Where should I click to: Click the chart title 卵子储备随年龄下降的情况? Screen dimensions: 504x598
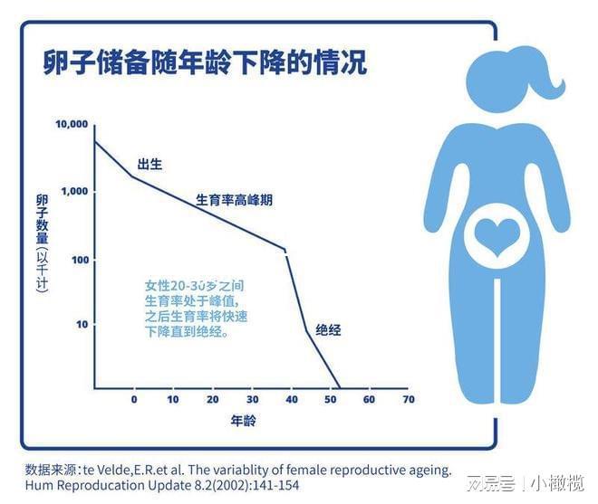pos(205,64)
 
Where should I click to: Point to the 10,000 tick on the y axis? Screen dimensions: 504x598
pos(72,124)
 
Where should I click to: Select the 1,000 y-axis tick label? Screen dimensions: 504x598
pos(74,192)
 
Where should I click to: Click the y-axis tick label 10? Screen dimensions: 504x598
pos(82,324)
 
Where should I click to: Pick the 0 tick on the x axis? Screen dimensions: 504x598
pos(134,399)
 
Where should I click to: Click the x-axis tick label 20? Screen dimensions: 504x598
pos(212,399)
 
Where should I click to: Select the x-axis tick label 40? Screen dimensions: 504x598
pos(291,399)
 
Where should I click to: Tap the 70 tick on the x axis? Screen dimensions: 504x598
pos(408,399)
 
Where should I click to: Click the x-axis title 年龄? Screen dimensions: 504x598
pos(242,422)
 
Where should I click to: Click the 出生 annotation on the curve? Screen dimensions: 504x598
pos(149,164)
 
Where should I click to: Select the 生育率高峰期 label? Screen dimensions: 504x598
pos(234,200)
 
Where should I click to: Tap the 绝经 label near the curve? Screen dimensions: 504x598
pos(328,330)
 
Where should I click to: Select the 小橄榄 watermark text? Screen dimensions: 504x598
pos(558,483)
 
